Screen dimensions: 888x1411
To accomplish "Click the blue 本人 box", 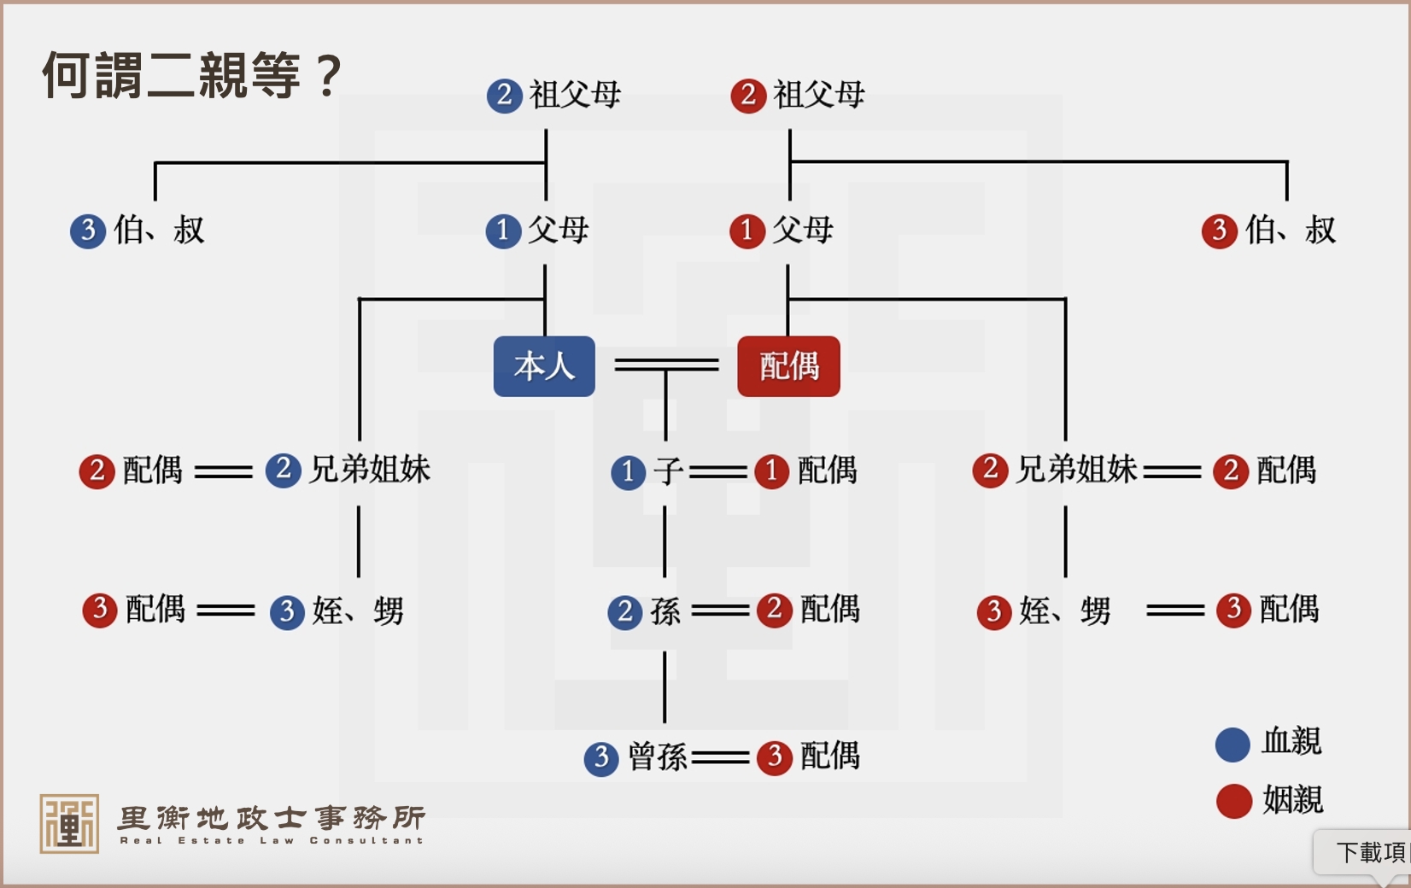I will tap(544, 366).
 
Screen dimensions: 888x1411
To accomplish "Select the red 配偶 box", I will tap(788, 366).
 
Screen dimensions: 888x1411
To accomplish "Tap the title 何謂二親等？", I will tap(192, 75).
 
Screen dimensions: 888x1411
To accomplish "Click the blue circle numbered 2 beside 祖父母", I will tap(504, 95).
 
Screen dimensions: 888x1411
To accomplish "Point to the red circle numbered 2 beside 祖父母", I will tap(748, 95).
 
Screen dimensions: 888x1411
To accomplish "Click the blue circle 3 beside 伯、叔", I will tap(88, 231).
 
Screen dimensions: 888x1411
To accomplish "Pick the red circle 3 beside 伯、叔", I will tap(1219, 231).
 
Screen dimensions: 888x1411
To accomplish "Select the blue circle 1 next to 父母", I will tap(503, 231).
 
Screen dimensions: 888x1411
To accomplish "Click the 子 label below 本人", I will tap(669, 470).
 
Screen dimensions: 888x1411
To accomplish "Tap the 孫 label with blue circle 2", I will tap(665, 611).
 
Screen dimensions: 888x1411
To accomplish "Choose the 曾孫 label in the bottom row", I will tap(658, 757).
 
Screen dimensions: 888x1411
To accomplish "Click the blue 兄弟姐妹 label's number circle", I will tap(284, 470).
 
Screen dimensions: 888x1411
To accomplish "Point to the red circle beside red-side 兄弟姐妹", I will tap(990, 470).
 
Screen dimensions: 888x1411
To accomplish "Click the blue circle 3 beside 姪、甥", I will tap(287, 611).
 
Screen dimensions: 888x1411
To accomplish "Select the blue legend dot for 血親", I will tap(1232, 744).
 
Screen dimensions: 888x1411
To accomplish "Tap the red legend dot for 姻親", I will tap(1233, 801).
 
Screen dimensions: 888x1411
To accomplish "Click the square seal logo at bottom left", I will tap(69, 823).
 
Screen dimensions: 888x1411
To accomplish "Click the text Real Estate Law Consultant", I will tap(272, 841).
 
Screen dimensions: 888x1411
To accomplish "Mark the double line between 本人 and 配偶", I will tap(666, 365).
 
